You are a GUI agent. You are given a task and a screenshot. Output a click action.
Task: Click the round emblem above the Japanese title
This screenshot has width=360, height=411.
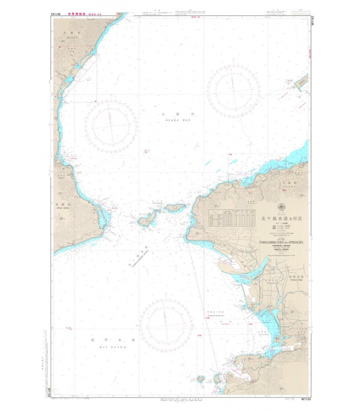coord(280,208)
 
